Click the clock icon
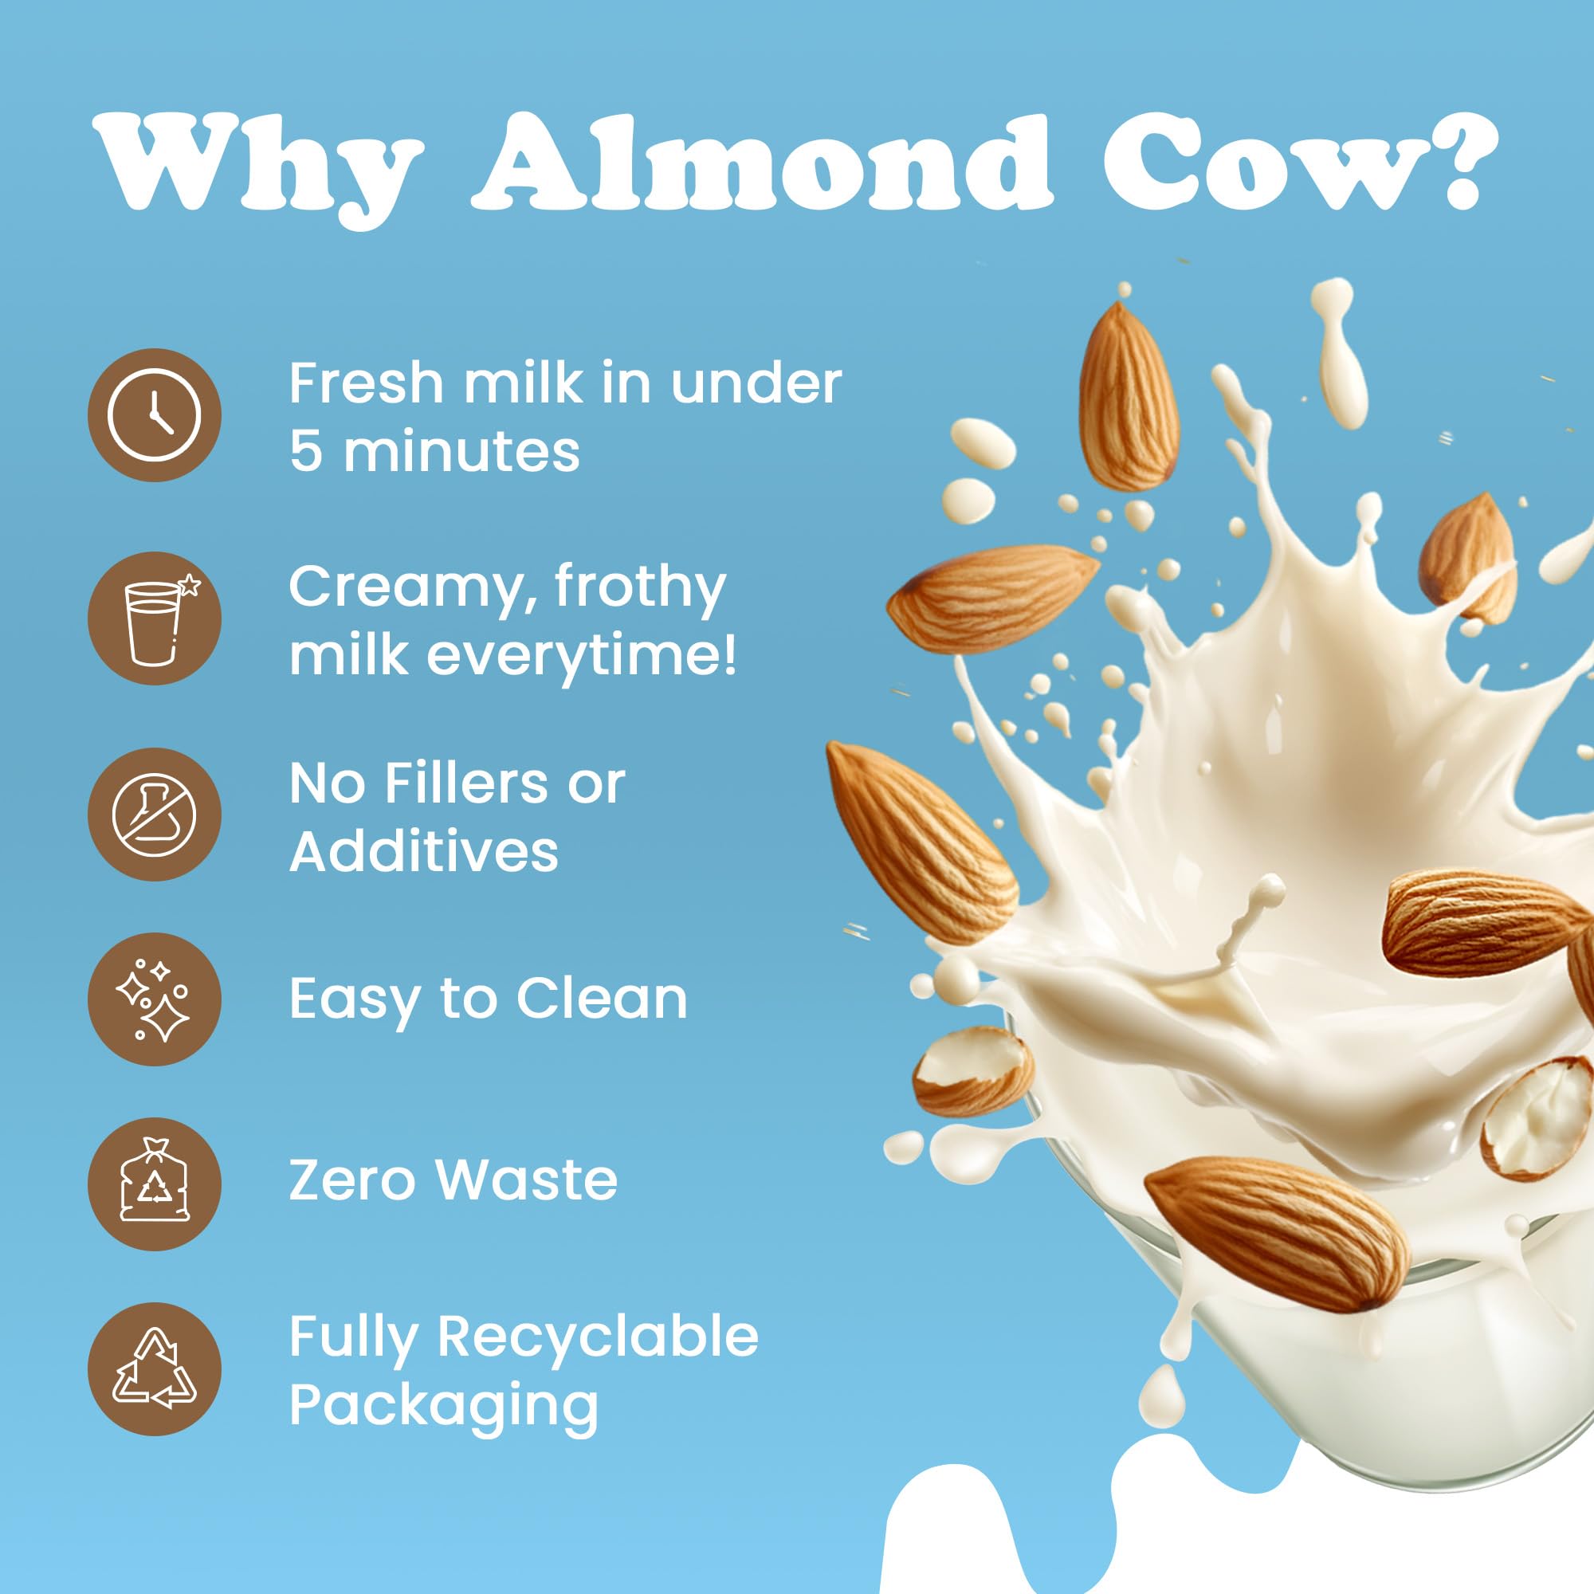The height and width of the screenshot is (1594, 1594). pos(155,414)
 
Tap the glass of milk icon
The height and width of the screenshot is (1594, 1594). pos(155,618)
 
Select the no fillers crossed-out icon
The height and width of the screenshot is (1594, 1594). pos(155,815)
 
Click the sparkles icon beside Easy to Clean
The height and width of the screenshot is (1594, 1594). pos(155,999)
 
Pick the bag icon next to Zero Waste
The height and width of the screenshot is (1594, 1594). pos(155,1184)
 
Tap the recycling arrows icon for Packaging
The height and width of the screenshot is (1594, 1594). pos(155,1368)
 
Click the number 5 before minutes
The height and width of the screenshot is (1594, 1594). pos(305,452)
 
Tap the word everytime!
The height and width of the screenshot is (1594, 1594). pos(581,655)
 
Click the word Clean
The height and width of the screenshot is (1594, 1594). pos(602,999)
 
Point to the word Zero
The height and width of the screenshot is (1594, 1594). pos(352,1180)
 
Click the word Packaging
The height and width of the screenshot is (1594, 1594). pos(444,1405)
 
